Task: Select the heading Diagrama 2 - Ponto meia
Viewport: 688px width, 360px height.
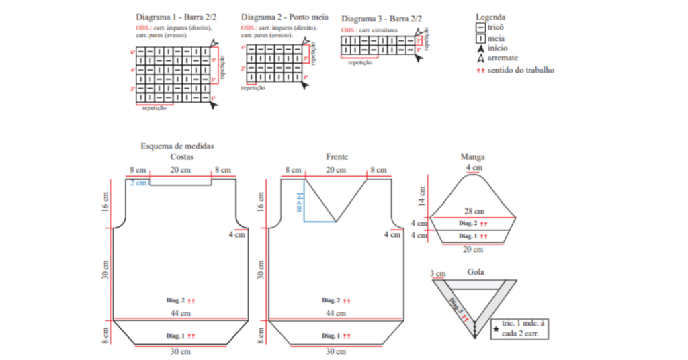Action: tap(284, 17)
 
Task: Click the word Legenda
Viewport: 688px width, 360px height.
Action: tap(490, 17)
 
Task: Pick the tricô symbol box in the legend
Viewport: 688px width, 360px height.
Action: tap(480, 28)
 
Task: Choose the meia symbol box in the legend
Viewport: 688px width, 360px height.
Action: tap(480, 38)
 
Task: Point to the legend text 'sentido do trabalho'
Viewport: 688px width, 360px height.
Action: tap(521, 70)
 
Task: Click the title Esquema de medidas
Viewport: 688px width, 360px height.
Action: tap(177, 146)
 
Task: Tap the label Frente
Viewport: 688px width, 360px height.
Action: tap(337, 156)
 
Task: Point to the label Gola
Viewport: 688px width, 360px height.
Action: tap(475, 272)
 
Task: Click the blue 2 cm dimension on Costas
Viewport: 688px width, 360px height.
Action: tap(138, 183)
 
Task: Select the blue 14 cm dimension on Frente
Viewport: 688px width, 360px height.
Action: tap(300, 200)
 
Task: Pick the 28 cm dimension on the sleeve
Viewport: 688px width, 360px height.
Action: tap(474, 211)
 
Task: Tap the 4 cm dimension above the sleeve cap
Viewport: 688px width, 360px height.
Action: tap(474, 167)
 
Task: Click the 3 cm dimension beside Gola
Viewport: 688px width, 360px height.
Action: tap(437, 273)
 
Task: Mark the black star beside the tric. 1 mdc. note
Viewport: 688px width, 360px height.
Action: tap(496, 329)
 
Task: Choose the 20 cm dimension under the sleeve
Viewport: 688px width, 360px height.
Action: tap(474, 249)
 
